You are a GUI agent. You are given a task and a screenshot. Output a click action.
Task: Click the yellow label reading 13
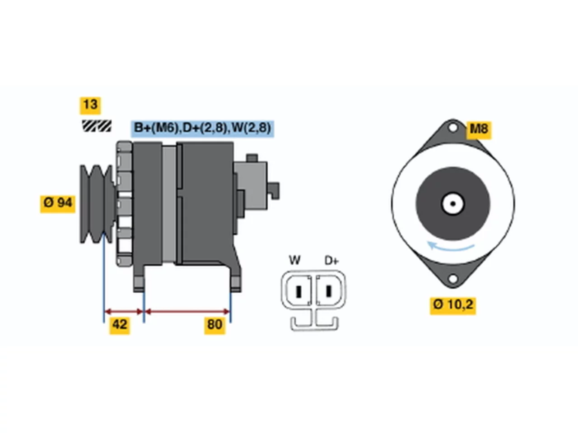click(90, 106)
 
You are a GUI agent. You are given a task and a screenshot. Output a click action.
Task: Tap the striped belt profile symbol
click(97, 126)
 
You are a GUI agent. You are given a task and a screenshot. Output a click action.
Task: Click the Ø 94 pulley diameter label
click(58, 204)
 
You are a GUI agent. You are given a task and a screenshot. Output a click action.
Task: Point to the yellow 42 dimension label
click(120, 325)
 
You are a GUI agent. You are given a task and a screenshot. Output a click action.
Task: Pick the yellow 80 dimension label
click(214, 325)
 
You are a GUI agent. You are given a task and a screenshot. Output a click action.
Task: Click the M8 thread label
click(479, 130)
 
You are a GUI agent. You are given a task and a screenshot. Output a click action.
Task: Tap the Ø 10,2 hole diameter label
click(452, 305)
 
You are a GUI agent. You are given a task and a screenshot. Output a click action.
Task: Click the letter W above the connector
click(294, 260)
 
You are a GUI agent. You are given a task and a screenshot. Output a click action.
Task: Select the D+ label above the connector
click(331, 261)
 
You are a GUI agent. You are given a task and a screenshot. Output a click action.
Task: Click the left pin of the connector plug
click(298, 291)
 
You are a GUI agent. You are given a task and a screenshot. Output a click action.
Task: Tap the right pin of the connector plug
click(328, 291)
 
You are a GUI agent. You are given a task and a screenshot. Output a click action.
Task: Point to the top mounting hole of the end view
click(452, 128)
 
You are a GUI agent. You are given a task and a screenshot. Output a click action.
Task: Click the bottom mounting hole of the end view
click(452, 278)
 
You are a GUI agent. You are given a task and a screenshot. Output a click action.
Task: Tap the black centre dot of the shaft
click(453, 204)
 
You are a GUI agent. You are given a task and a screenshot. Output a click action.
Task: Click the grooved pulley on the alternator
click(97, 204)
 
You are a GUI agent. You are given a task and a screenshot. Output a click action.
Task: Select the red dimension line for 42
click(124, 312)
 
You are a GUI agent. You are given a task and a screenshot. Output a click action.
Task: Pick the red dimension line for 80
click(187, 312)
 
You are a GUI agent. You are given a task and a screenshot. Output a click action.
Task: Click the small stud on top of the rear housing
click(252, 158)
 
